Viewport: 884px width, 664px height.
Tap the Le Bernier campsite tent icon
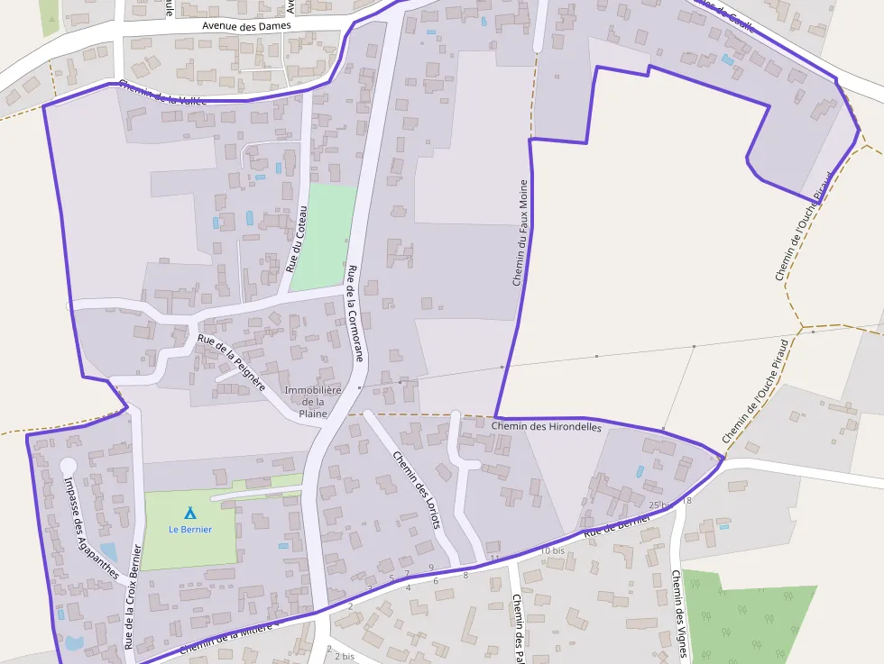click(189, 513)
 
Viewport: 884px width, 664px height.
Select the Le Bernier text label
click(190, 529)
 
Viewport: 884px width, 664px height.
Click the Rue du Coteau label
click(297, 239)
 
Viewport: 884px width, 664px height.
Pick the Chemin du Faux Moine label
click(520, 232)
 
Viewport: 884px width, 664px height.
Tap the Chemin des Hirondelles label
click(547, 425)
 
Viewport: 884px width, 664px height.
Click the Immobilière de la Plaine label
click(312, 401)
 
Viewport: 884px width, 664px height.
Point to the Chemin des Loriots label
click(416, 488)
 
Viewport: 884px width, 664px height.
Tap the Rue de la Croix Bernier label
click(134, 596)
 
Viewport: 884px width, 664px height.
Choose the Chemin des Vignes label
click(680, 618)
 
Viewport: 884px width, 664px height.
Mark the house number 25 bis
click(660, 505)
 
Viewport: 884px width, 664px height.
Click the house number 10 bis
click(552, 550)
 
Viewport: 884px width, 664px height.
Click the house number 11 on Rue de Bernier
click(494, 559)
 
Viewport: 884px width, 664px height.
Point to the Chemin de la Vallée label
click(162, 92)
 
